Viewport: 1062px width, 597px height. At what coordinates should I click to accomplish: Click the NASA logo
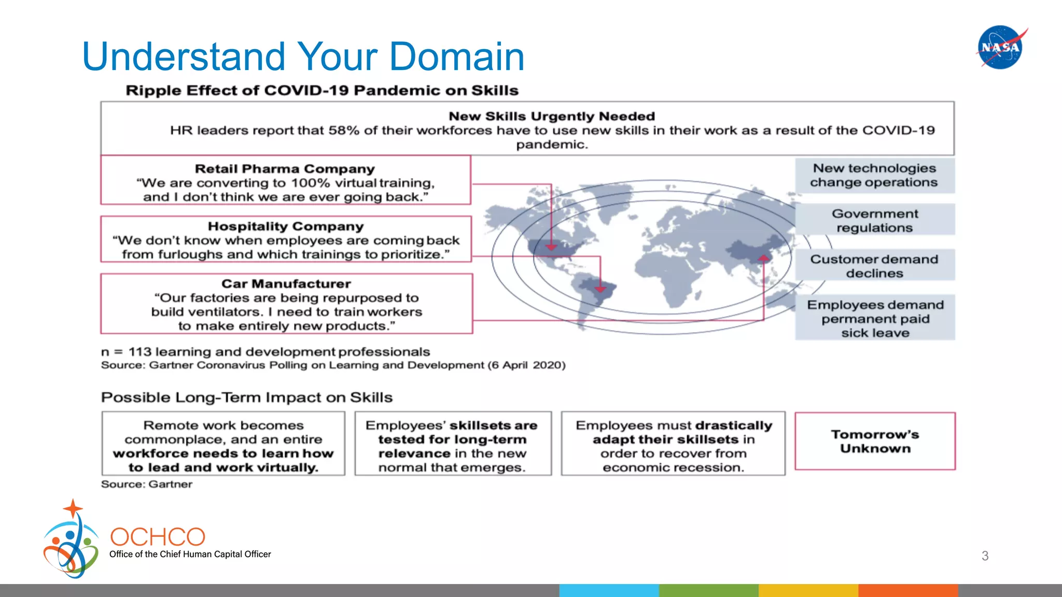pyautogui.click(x=1000, y=47)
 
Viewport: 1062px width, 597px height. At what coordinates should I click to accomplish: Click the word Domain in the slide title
pyautogui.click(x=456, y=56)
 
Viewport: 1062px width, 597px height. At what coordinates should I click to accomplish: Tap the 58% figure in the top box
pyautogui.click(x=344, y=130)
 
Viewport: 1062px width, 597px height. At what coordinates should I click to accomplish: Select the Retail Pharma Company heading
pyautogui.click(x=285, y=169)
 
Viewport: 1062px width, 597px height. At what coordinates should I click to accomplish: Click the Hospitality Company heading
pyautogui.click(x=286, y=226)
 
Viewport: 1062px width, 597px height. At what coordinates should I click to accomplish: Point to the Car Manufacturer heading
pyautogui.click(x=286, y=284)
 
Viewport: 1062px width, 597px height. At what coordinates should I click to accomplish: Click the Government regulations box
pyautogui.click(x=875, y=220)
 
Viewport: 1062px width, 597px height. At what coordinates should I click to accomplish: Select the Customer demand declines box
pyautogui.click(x=875, y=266)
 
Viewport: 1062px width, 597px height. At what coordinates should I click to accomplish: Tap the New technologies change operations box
pyautogui.click(x=875, y=175)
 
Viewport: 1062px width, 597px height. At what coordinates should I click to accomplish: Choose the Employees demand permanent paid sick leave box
pyautogui.click(x=875, y=318)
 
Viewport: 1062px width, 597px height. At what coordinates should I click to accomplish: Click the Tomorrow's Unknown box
pyautogui.click(x=875, y=441)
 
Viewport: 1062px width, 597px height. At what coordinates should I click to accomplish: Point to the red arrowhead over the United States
pyautogui.click(x=551, y=247)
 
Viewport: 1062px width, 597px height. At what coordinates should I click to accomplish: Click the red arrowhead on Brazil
pyautogui.click(x=600, y=289)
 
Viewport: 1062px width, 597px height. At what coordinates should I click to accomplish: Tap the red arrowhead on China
pyautogui.click(x=763, y=258)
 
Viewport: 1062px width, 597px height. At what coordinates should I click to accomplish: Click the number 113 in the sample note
pyautogui.click(x=139, y=352)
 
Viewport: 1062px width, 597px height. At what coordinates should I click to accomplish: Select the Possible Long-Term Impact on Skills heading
pyautogui.click(x=247, y=397)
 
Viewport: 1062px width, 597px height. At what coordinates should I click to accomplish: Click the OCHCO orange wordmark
pyautogui.click(x=158, y=537)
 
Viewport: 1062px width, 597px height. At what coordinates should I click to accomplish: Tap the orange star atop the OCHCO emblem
pyautogui.click(x=73, y=508)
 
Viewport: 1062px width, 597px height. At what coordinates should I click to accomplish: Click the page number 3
pyautogui.click(x=985, y=556)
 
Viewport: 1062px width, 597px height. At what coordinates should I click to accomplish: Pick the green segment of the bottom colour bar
pyautogui.click(x=708, y=590)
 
